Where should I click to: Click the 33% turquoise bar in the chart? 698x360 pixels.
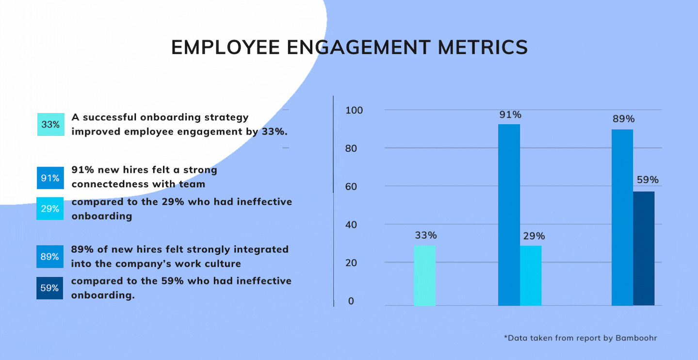point(425,276)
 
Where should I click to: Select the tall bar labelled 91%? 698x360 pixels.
point(509,215)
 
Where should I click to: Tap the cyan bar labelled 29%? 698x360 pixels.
point(531,276)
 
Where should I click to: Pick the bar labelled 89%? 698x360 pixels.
point(622,217)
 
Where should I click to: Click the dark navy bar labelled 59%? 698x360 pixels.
point(644,248)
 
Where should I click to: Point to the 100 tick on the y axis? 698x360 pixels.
point(354,110)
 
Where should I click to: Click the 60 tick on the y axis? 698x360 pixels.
point(351,187)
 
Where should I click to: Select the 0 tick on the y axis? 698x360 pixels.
point(351,301)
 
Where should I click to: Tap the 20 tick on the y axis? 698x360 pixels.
point(351,263)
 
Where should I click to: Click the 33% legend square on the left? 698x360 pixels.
point(51,124)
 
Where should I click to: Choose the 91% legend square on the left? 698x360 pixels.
point(50,178)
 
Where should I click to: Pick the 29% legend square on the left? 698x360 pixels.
point(50,209)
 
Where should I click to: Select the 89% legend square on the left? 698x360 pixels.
point(50,257)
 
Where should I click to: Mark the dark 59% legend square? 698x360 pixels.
point(50,288)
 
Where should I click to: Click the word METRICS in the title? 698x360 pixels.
point(483,48)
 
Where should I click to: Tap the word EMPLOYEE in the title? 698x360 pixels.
point(225,48)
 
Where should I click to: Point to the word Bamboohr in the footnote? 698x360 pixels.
point(636,338)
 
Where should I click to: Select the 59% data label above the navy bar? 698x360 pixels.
point(648,180)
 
